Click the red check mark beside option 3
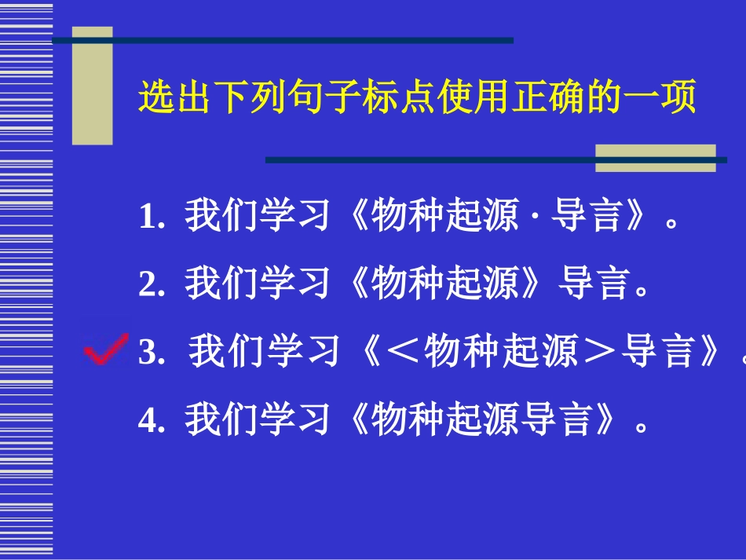[x=107, y=350]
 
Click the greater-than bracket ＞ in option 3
[x=598, y=353]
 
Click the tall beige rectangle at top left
[x=93, y=86]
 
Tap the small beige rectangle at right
[x=655, y=158]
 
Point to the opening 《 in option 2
[x=354, y=285]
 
